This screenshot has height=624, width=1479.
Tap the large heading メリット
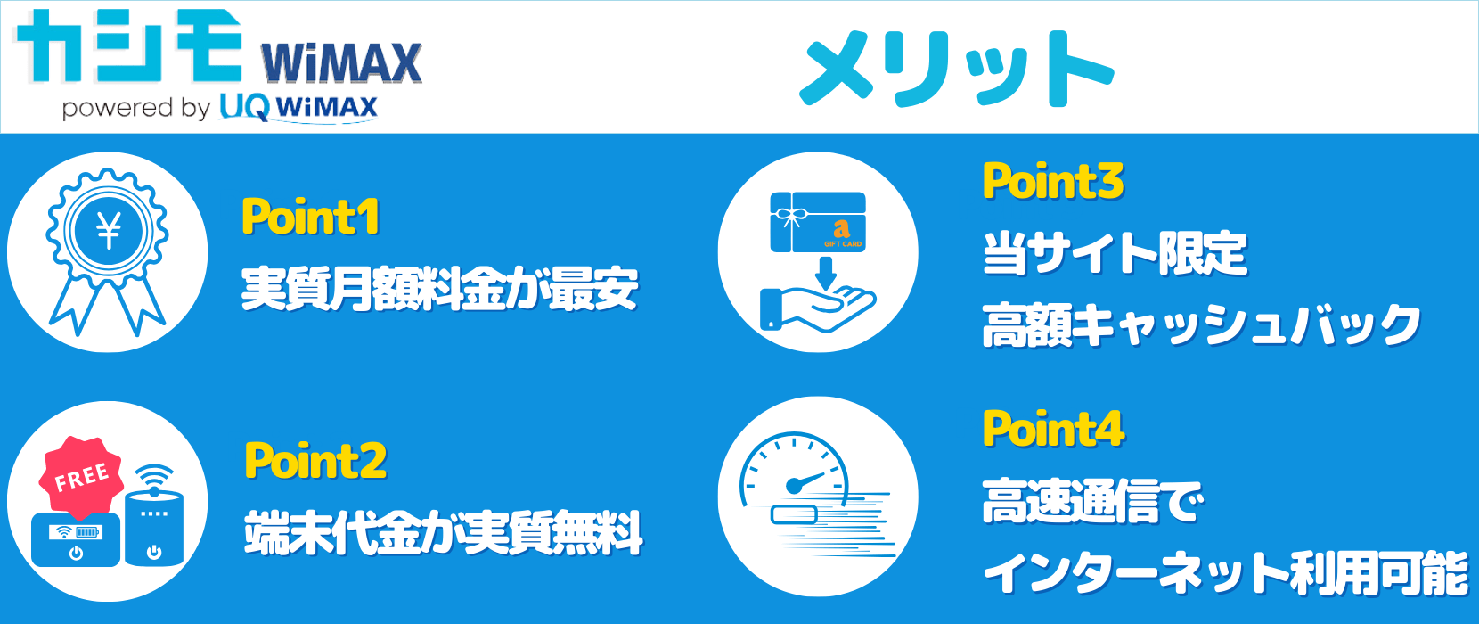pyautogui.click(x=956, y=69)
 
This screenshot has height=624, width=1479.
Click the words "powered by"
pyautogui.click(x=136, y=108)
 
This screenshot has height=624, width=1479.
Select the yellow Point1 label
pyautogui.click(x=310, y=216)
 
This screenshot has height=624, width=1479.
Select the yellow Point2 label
pyautogui.click(x=315, y=460)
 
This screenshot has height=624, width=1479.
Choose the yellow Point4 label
pyautogui.click(x=1054, y=429)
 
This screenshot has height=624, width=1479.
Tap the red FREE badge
pyautogui.click(x=81, y=477)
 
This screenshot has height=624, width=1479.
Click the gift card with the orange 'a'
pyautogui.click(x=818, y=222)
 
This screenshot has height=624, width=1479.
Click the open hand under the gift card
pyautogui.click(x=817, y=309)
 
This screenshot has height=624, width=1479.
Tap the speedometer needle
pyautogui.click(x=806, y=482)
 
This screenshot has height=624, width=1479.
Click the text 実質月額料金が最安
pyautogui.click(x=440, y=289)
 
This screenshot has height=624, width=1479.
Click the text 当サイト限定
pyautogui.click(x=1115, y=253)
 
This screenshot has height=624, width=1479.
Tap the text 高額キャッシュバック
pyautogui.click(x=1202, y=324)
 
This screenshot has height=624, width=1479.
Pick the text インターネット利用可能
pyautogui.click(x=1226, y=573)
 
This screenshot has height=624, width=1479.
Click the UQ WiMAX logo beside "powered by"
pyautogui.click(x=298, y=108)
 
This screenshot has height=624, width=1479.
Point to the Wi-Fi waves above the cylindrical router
pyautogui.click(x=154, y=478)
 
